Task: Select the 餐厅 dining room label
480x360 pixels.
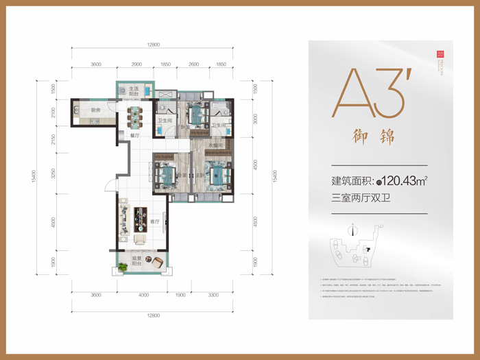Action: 134,136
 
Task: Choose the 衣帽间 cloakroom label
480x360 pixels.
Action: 215,145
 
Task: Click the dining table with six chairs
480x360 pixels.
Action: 134,115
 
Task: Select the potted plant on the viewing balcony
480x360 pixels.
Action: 121,267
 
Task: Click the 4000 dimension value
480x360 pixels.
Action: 143,295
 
